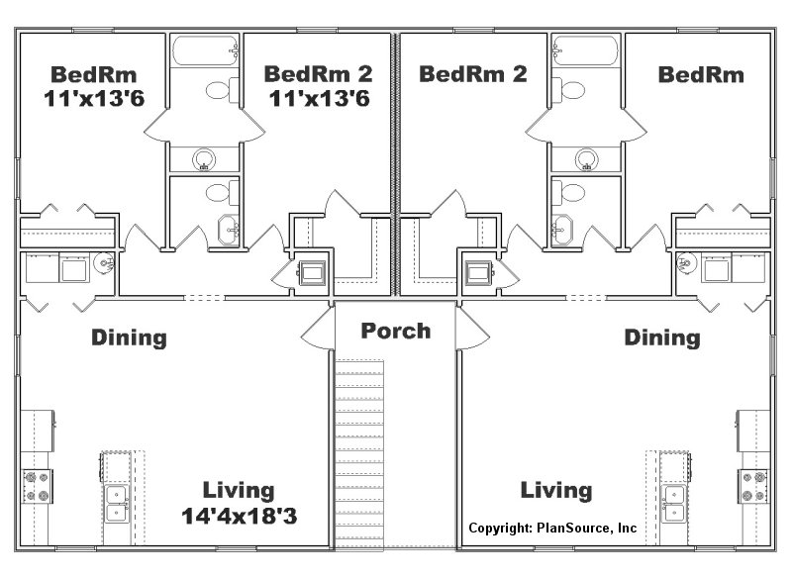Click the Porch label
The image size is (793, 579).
click(396, 332)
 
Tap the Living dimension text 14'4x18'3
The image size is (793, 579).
click(240, 517)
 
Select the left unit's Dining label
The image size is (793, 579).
click(129, 338)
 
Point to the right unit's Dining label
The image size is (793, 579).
click(662, 338)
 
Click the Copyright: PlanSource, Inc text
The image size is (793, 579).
click(552, 528)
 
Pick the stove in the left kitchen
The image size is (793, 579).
click(37, 487)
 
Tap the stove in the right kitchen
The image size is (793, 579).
click(753, 487)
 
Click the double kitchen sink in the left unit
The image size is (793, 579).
click(117, 504)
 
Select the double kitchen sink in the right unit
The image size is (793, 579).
click(674, 504)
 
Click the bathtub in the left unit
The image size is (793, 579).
click(205, 50)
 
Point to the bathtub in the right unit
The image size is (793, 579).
click(586, 50)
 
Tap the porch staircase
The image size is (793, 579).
click(359, 454)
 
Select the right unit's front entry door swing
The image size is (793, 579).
click(472, 330)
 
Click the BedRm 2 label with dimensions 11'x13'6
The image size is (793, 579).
click(319, 86)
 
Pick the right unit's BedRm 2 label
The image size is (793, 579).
click(473, 74)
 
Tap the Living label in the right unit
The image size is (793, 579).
click(556, 491)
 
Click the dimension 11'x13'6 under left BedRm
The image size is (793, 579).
click(94, 99)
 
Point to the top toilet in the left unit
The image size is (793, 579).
click(223, 90)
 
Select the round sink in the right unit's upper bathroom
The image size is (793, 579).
click(587, 159)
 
